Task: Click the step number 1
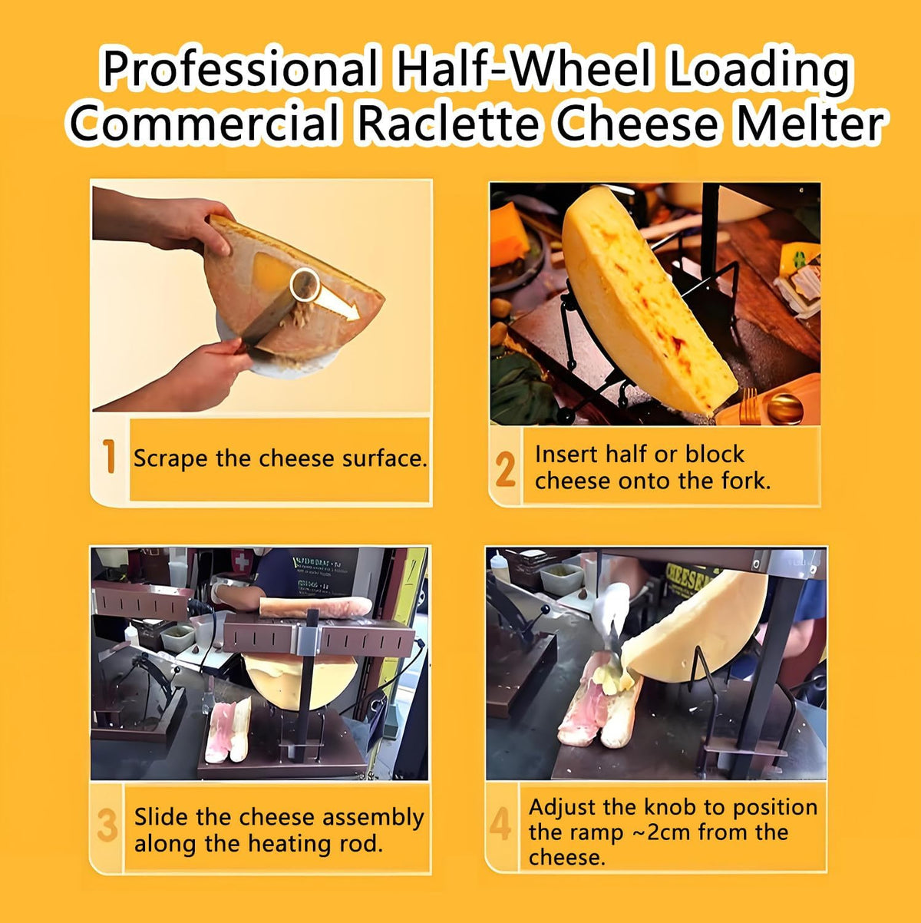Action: (x=111, y=456)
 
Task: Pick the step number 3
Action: (x=107, y=825)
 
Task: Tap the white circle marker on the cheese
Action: (x=305, y=285)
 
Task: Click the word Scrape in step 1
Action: (x=170, y=458)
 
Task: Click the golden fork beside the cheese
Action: (x=749, y=405)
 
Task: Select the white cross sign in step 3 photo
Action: (x=242, y=561)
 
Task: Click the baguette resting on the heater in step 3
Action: (x=315, y=607)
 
